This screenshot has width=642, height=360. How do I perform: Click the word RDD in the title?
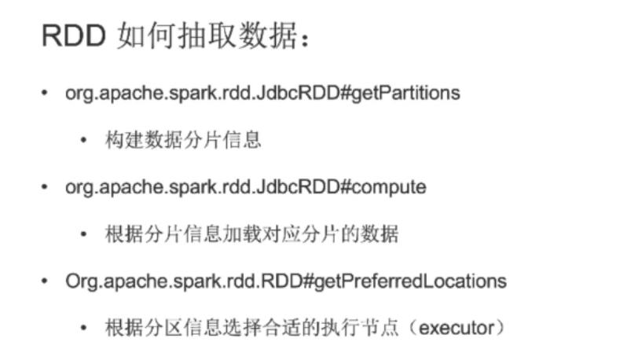click(x=72, y=36)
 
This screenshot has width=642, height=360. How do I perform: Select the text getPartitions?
click(x=410, y=93)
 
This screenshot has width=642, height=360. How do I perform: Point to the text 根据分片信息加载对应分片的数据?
click(x=251, y=234)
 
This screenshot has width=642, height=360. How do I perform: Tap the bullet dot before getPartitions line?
click(x=46, y=93)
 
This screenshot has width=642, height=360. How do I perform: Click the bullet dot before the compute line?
click(x=46, y=187)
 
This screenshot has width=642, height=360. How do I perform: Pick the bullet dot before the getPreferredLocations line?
click(x=46, y=281)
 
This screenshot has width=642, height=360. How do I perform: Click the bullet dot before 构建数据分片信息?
click(x=83, y=141)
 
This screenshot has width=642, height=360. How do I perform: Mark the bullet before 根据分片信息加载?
click(x=83, y=234)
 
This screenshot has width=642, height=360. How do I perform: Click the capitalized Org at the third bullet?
click(x=78, y=281)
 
